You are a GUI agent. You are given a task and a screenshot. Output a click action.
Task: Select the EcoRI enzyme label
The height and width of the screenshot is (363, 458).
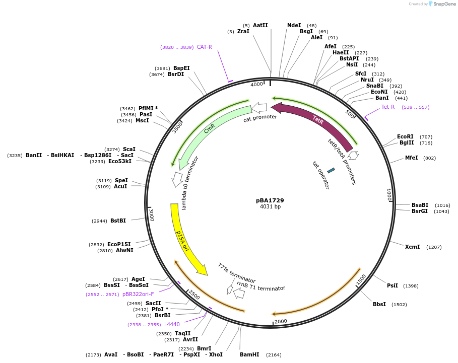[405, 136]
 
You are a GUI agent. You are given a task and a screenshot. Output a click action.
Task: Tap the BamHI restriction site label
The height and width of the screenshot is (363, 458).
[249, 354]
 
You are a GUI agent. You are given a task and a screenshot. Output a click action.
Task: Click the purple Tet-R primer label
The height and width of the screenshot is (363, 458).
[388, 107]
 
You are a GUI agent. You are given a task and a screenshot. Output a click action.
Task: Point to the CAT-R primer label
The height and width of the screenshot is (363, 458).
[204, 47]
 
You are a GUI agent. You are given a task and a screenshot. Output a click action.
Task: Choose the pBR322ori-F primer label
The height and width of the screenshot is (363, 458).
[138, 294]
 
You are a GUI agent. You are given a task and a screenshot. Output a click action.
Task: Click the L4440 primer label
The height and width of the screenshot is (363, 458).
[172, 325]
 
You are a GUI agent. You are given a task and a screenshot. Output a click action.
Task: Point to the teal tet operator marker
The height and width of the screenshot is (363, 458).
[331, 171]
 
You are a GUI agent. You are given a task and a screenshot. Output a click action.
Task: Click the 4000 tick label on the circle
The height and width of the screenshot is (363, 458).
[257, 84]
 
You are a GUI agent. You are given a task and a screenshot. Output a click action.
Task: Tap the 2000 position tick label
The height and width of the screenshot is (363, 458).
[280, 321]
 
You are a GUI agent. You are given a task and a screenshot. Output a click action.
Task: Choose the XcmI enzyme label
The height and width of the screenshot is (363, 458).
[412, 247]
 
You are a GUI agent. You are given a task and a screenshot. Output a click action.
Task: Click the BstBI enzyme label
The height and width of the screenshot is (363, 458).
[118, 221]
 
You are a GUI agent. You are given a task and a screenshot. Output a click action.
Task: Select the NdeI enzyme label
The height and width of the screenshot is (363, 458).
[294, 25]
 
